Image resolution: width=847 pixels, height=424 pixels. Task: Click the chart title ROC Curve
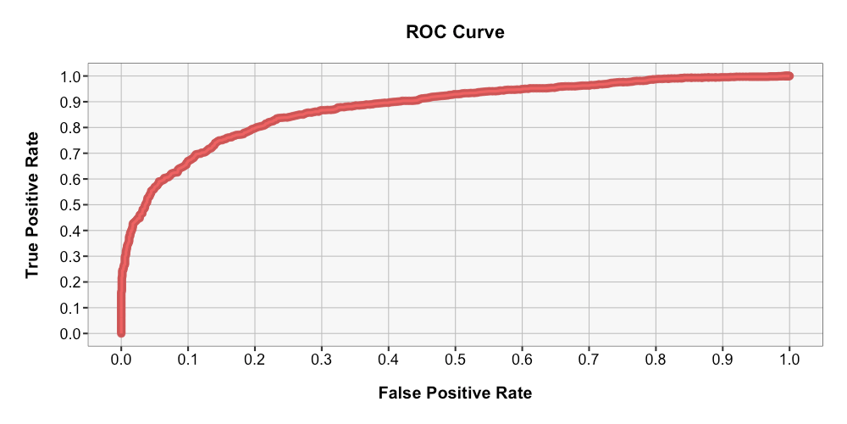455,33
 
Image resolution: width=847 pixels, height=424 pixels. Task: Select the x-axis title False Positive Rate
455,393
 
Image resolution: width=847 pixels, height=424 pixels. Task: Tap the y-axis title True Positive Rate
33,204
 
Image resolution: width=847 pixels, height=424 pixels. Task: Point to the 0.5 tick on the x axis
456,359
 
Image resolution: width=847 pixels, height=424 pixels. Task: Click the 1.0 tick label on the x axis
789,359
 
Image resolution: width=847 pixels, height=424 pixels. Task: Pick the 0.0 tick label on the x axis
121,359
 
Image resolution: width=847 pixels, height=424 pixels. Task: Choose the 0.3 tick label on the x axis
322,359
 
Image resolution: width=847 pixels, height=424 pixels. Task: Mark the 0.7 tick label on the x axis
590,359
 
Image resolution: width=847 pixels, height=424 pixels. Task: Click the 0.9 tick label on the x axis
722,359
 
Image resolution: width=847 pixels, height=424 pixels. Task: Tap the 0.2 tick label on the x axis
255,359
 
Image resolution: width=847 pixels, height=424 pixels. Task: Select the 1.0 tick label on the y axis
71,76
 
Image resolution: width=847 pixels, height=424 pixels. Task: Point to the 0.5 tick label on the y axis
71,205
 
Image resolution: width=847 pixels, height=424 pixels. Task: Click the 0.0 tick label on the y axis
71,334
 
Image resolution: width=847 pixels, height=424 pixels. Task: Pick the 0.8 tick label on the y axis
71,128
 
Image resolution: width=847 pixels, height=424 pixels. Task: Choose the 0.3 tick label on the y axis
71,257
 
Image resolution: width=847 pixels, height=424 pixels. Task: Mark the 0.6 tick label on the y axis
71,180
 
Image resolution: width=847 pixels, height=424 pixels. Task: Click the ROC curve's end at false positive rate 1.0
789,76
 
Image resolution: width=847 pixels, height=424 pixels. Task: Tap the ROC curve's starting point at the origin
121,332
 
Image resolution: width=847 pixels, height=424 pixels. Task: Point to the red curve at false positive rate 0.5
456,93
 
